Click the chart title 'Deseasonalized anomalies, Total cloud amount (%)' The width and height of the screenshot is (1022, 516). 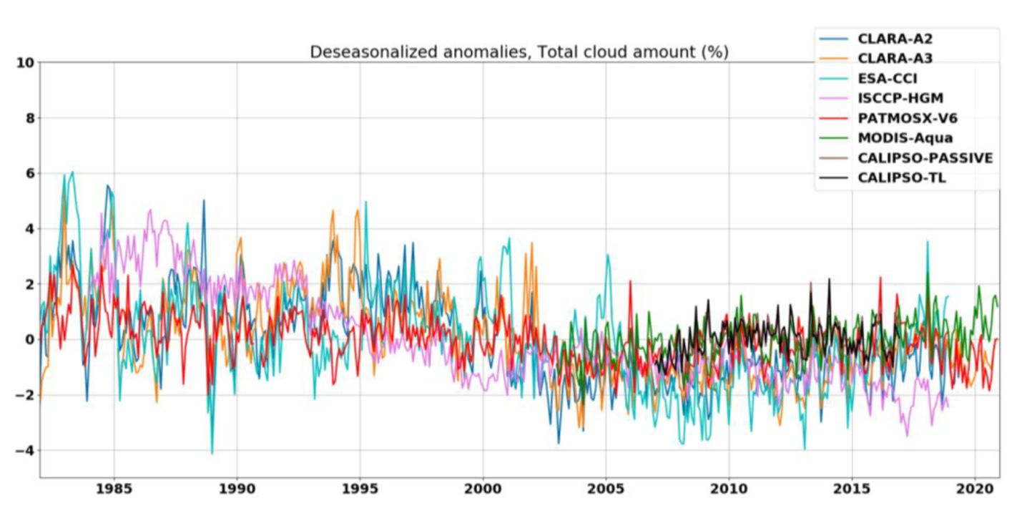pyautogui.click(x=519, y=52)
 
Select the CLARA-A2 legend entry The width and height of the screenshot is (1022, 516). pyautogui.click(x=895, y=39)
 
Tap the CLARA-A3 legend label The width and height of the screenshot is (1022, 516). pyautogui.click(x=895, y=59)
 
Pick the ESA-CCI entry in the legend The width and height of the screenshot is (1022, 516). pyautogui.click(x=887, y=79)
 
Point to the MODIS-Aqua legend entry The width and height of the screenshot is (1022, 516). pyautogui.click(x=905, y=138)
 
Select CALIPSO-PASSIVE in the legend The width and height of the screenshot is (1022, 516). pyautogui.click(x=925, y=158)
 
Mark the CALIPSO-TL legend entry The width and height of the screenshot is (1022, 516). pyautogui.click(x=901, y=177)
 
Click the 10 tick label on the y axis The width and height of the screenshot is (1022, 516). pyautogui.click(x=24, y=63)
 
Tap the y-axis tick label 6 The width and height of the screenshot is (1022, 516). pyautogui.click(x=29, y=174)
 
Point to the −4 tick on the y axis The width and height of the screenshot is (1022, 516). pyautogui.click(x=24, y=451)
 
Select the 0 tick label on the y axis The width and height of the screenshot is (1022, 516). pyautogui.click(x=29, y=340)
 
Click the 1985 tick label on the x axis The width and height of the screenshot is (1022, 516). pyautogui.click(x=114, y=490)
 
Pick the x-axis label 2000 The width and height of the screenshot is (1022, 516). pyautogui.click(x=483, y=490)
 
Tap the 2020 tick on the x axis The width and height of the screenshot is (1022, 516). pyautogui.click(x=975, y=490)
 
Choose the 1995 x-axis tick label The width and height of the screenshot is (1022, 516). pyautogui.click(x=360, y=490)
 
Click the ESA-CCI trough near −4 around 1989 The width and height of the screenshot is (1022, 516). pyautogui.click(x=212, y=453)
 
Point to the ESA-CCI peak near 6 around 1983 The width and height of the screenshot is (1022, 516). pyautogui.click(x=72, y=172)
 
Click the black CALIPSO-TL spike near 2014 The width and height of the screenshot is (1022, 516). pyautogui.click(x=829, y=279)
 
